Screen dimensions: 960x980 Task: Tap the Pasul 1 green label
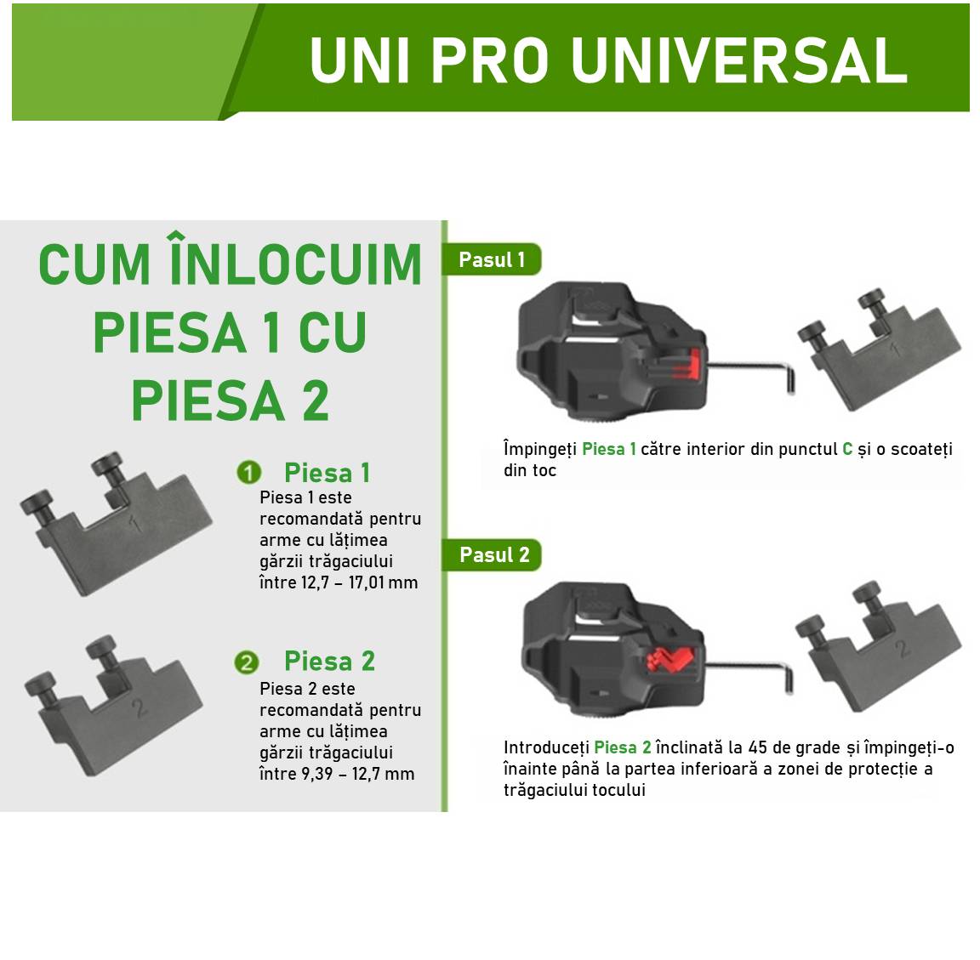492,260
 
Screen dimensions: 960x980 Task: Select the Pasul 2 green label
493,555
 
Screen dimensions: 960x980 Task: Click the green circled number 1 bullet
248,473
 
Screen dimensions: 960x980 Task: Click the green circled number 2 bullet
247,662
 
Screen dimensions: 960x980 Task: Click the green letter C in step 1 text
847,449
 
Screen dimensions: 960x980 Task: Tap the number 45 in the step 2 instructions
758,747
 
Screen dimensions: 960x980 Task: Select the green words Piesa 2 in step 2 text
623,747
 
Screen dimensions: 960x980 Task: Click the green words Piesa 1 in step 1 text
609,449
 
